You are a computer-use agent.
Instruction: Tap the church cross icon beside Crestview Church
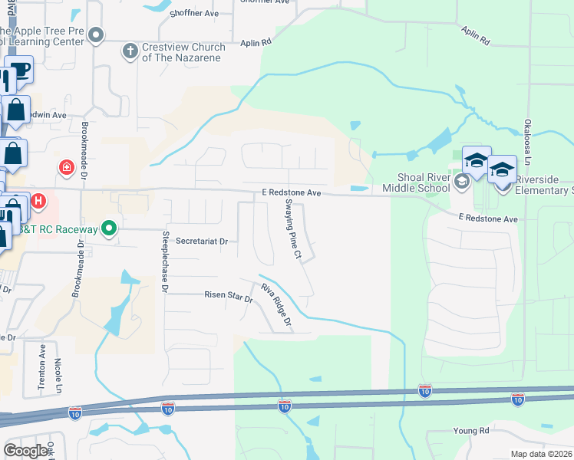tap(130, 51)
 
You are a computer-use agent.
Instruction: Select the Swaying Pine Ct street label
tap(292, 228)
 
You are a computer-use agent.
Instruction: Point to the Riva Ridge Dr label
tap(277, 305)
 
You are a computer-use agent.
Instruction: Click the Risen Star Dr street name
tap(228, 294)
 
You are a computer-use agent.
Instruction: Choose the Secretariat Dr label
tap(202, 241)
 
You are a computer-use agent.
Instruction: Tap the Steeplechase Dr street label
tap(164, 261)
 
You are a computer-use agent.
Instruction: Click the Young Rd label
tap(470, 432)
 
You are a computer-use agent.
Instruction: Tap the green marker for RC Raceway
tap(109, 228)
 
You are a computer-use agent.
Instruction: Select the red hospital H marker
tap(38, 202)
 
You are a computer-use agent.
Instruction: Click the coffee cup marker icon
tap(19, 71)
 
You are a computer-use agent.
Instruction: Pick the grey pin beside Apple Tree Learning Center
tap(96, 34)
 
